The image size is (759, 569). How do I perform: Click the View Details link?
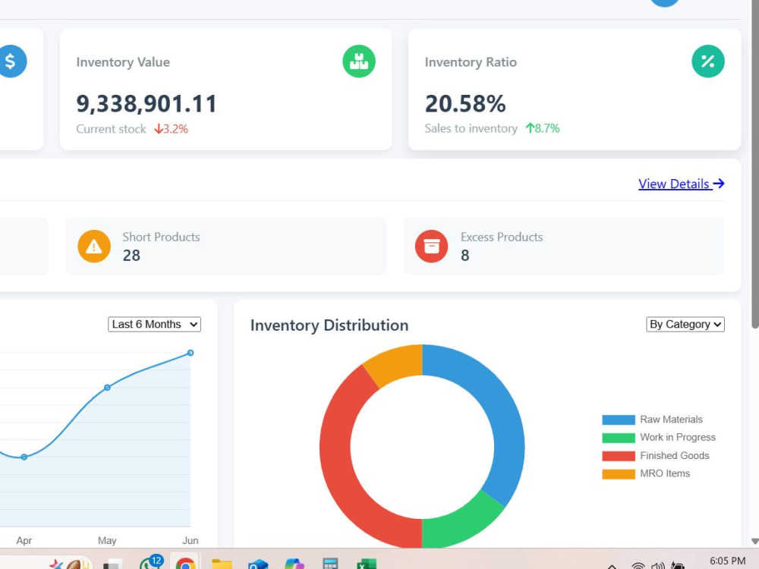point(681,184)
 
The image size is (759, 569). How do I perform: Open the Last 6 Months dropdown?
point(154,324)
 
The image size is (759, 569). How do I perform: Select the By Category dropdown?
point(685,324)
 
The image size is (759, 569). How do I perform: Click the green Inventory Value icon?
point(359,61)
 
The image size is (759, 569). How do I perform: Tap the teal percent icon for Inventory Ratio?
point(707,61)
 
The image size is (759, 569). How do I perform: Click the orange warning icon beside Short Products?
point(94,247)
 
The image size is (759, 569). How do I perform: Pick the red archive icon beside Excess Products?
point(431,247)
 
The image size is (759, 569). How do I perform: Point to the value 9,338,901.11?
point(146,103)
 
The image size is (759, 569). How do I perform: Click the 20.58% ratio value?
point(465,103)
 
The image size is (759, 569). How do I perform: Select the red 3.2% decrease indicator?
point(171,129)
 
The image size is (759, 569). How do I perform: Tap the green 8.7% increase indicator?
point(543,128)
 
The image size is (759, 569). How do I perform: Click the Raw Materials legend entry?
point(652,420)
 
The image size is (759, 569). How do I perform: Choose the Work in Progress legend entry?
point(659,438)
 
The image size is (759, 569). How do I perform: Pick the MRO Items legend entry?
point(646,473)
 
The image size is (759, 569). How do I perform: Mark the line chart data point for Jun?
point(191,353)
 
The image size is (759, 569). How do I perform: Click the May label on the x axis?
point(107,540)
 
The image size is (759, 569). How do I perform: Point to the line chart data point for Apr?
point(24,457)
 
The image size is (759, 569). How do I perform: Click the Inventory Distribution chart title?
point(329,325)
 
